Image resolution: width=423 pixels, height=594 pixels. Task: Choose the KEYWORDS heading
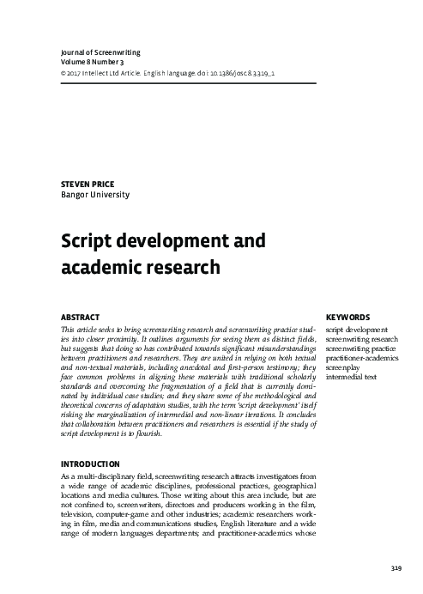click(x=348, y=317)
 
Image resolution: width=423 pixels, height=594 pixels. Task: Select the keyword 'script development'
click(x=357, y=330)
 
